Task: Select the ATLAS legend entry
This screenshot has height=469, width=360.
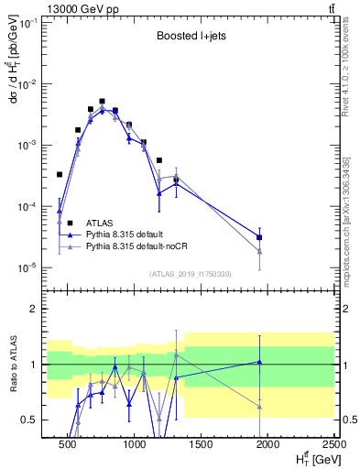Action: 100,223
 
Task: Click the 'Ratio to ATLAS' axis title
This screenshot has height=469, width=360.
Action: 13,364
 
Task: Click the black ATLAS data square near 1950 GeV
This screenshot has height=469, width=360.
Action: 260,237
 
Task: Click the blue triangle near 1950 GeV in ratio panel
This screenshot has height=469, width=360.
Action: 260,362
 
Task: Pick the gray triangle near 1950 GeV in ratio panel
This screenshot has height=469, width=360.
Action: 260,406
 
